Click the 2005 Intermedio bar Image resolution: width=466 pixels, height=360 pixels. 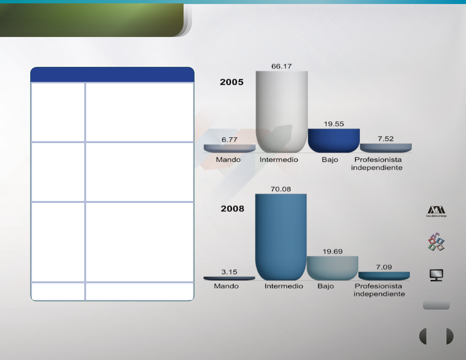pos(282,112)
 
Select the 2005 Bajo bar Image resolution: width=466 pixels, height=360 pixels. pos(334,141)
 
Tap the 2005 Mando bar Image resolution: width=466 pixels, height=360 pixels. pos(229,149)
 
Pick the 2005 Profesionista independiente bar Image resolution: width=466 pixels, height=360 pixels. pos(386,148)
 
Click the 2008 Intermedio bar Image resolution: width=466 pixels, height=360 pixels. pos(281,237)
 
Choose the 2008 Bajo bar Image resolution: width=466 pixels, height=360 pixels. pos(333,268)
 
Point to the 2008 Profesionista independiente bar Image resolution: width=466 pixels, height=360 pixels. pos(384,276)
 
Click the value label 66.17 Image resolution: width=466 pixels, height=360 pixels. pos(281,66)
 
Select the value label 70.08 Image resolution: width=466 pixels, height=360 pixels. pos(281,189)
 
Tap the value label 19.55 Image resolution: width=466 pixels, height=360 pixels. pos(334,124)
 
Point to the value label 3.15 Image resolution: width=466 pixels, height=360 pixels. pos(229,272)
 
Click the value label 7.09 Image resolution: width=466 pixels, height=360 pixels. pos(384,267)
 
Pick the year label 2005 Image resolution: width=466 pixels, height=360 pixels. pos(232,82)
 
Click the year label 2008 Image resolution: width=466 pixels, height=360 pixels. pos(232,209)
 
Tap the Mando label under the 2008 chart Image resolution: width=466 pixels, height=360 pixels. pos(226,286)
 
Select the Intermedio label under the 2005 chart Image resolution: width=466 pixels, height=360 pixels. pos(279,160)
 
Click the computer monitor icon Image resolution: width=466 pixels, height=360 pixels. pos(436,275)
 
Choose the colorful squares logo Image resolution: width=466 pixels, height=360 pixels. pos(436,242)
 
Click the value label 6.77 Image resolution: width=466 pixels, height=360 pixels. pos(229,140)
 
